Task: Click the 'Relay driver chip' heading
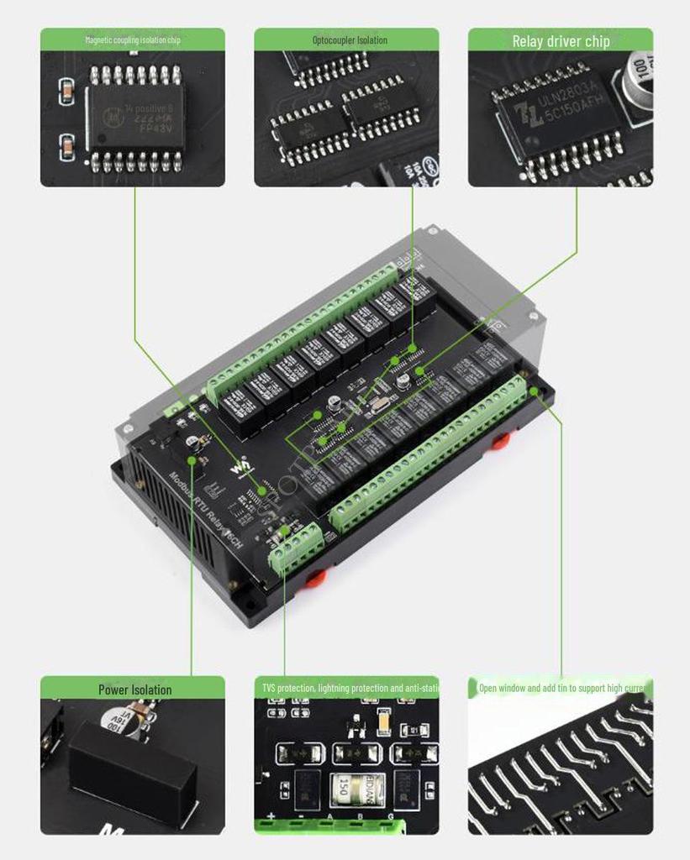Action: click(561, 41)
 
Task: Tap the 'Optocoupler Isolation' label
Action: click(350, 40)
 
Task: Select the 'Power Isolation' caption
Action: click(134, 690)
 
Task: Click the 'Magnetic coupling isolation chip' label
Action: click(133, 40)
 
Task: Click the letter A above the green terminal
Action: click(329, 816)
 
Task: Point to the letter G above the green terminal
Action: click(390, 816)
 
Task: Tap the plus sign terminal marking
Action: click(271, 816)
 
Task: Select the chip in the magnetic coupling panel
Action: click(135, 118)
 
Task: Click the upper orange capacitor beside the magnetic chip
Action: click(66, 92)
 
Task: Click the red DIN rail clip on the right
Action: click(501, 440)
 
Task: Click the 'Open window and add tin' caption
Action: click(561, 689)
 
